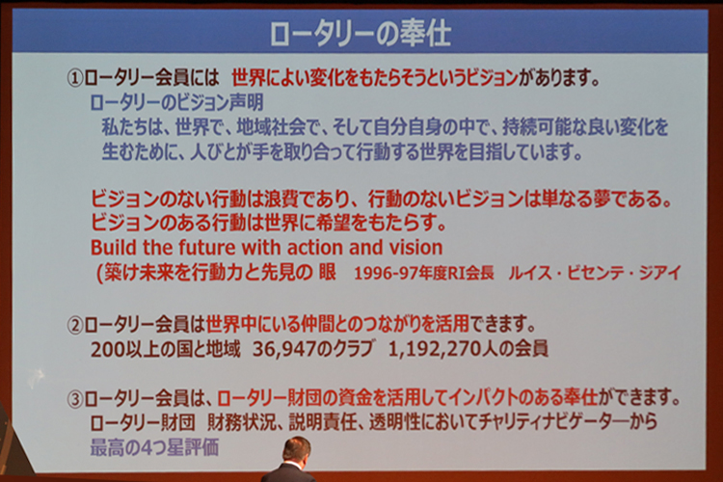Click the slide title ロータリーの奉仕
point(361,33)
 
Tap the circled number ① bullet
point(74,79)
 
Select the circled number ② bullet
point(74,326)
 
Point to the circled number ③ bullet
point(74,398)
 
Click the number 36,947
point(285,349)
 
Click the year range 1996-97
point(381,274)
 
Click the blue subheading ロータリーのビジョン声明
point(176,102)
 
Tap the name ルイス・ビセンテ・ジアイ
point(595,273)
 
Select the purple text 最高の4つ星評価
point(154,447)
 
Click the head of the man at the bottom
point(296,449)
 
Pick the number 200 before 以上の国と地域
point(106,349)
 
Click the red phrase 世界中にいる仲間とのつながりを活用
point(337,325)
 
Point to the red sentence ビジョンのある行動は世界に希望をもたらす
point(268,223)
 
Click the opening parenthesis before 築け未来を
point(99,273)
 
